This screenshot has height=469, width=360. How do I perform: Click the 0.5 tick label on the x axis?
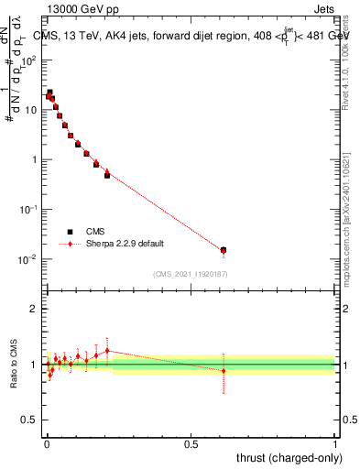pos(191,443)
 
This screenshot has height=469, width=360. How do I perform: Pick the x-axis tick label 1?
pos(335,443)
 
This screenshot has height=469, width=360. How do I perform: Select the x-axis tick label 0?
pos(46,443)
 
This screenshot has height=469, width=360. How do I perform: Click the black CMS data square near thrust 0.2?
pos(107,175)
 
